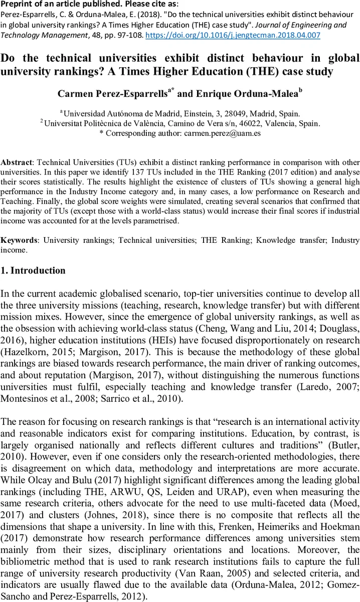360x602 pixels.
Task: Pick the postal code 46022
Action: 253,123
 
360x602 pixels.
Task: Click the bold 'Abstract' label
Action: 16,163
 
